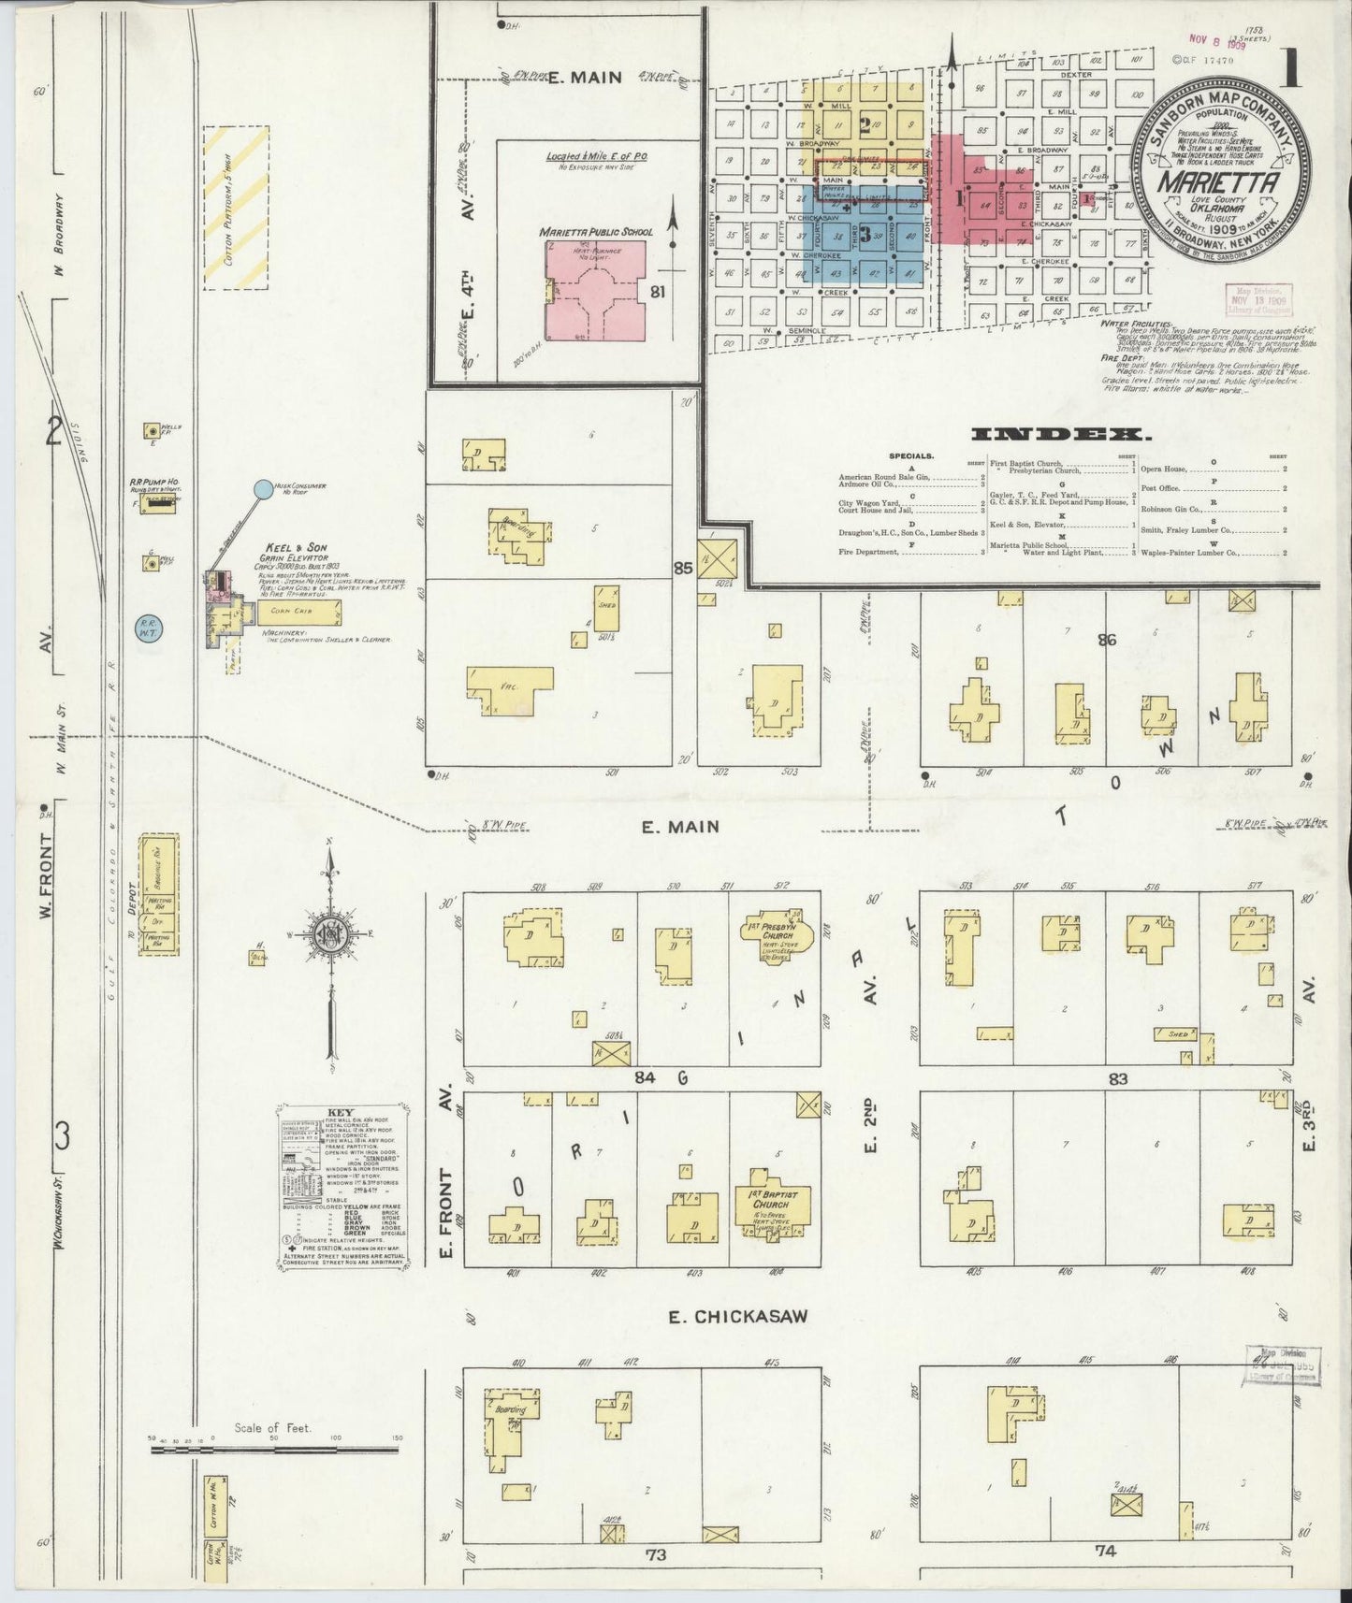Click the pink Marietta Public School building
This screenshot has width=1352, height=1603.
coord(596,291)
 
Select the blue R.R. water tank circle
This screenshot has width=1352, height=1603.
coord(148,625)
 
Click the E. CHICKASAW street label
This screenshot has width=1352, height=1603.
coord(738,1316)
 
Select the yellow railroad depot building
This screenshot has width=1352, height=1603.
coord(159,895)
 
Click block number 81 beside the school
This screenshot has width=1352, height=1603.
coord(657,292)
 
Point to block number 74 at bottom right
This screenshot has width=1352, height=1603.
coord(1106,1551)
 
